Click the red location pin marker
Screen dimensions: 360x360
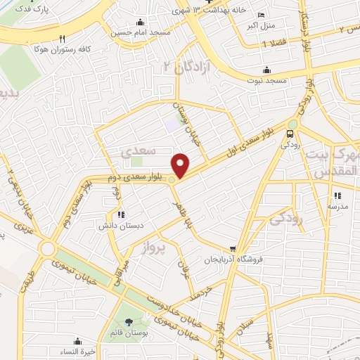[x=181, y=165]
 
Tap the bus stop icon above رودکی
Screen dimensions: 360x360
[x=290, y=134]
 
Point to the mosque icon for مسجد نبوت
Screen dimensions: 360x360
[x=266, y=70]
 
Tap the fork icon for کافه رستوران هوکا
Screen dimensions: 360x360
[x=63, y=39]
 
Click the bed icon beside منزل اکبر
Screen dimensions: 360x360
[x=262, y=15]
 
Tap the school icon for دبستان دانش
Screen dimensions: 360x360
[x=121, y=214]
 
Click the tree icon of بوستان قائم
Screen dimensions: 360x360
[x=127, y=322]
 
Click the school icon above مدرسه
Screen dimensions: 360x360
[x=337, y=195]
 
